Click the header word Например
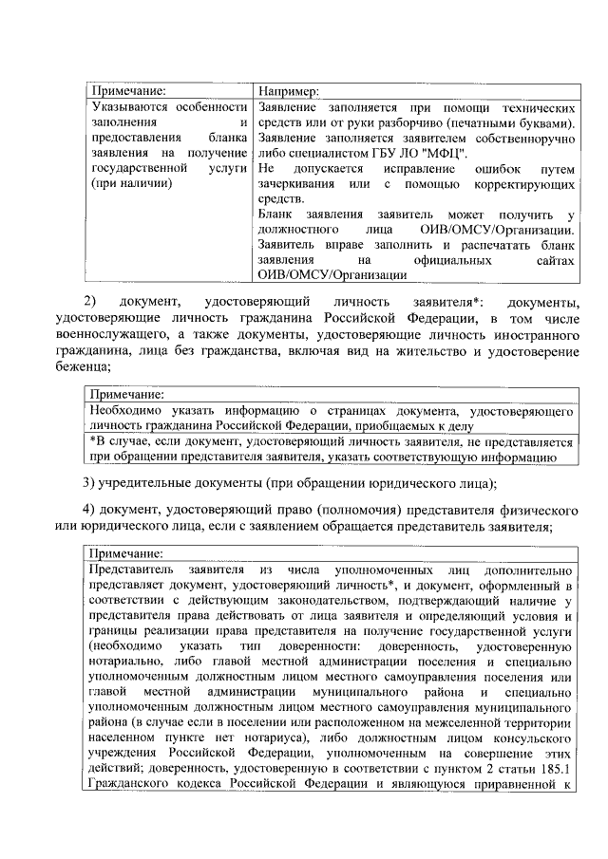tap(289, 91)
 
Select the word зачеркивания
tap(299, 183)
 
